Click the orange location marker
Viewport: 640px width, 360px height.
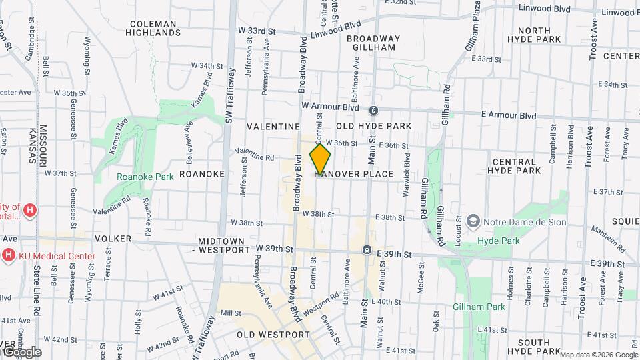(x=321, y=159)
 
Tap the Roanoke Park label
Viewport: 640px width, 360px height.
(x=145, y=177)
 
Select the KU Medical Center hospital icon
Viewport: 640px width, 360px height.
(x=8, y=255)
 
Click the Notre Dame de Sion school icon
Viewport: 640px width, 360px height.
(x=473, y=221)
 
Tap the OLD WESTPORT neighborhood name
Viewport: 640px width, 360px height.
(x=273, y=335)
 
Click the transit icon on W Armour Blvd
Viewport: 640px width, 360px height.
(x=374, y=110)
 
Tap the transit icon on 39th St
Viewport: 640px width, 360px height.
(x=367, y=249)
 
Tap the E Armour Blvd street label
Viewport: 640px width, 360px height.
(x=508, y=115)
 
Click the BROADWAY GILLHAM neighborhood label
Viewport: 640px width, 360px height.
(x=372, y=43)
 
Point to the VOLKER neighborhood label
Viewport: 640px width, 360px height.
(x=112, y=237)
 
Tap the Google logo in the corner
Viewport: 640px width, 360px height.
(x=21, y=351)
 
